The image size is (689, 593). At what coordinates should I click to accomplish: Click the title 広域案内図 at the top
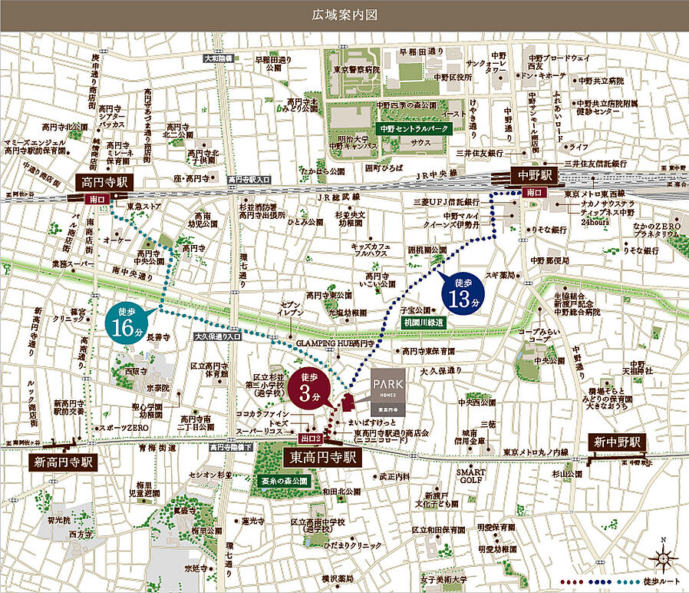[x=344, y=15]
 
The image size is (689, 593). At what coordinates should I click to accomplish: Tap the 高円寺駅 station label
[x=106, y=183]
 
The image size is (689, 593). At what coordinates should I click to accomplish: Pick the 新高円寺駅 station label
[x=63, y=462]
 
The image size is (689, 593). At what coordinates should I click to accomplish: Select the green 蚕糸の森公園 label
[x=281, y=482]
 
